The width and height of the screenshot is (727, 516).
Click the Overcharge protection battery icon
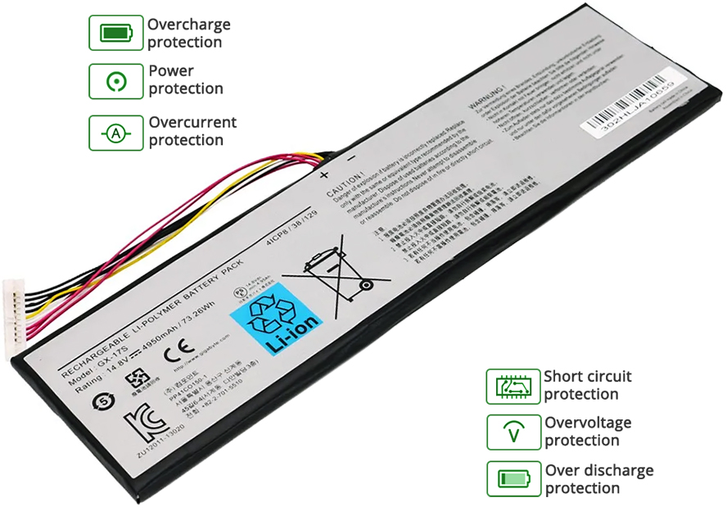click(x=115, y=33)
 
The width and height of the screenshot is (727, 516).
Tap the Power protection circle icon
click(x=115, y=80)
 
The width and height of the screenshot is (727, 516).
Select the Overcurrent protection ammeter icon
click(x=115, y=132)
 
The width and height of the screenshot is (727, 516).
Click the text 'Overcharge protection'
click(x=188, y=33)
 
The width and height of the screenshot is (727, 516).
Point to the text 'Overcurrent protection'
click(x=192, y=131)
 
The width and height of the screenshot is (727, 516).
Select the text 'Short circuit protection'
click(x=587, y=386)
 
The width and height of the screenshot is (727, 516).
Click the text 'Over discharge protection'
click(x=598, y=479)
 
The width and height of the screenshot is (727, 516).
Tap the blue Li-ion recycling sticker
click(x=278, y=316)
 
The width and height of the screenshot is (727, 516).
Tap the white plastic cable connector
click(x=16, y=316)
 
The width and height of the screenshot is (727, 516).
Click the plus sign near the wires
click(x=324, y=174)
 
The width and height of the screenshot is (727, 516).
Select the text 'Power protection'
click(x=185, y=80)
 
